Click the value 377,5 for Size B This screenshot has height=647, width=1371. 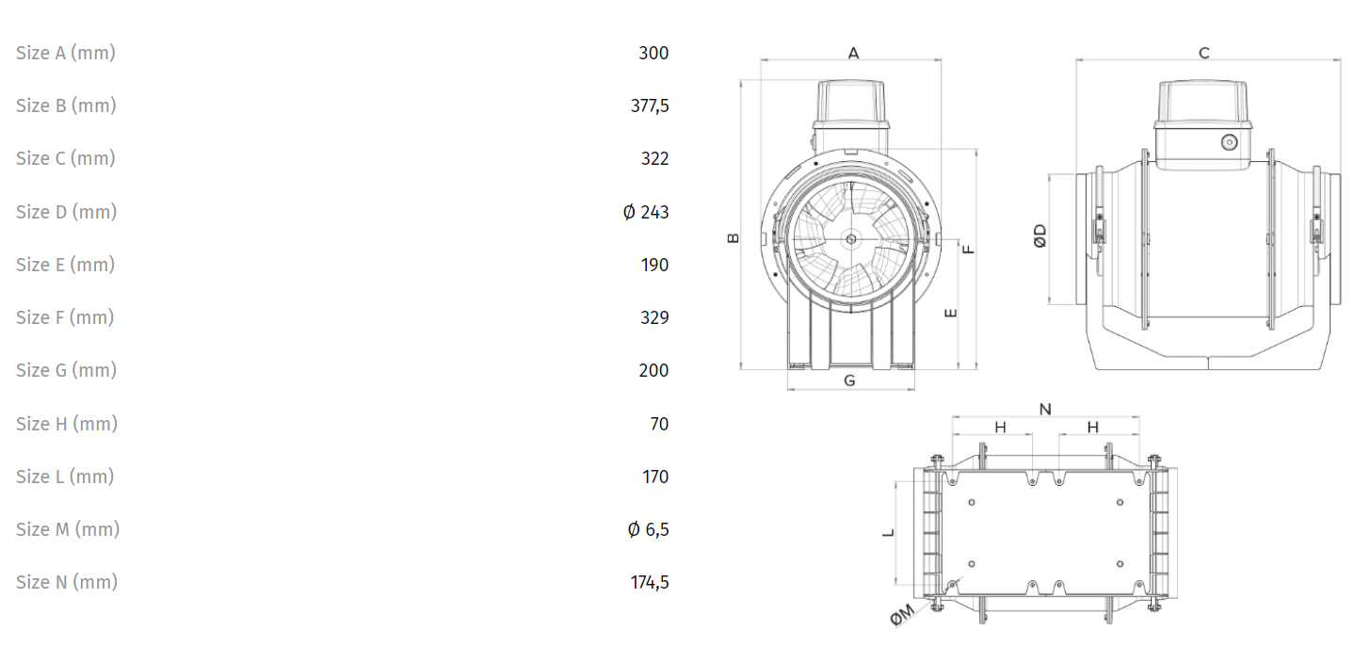pos(650,105)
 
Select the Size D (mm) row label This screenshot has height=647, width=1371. pos(66,212)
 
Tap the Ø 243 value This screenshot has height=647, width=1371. pos(646,212)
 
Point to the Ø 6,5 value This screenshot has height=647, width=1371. pos(648,529)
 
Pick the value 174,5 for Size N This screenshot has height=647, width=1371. pos(650,582)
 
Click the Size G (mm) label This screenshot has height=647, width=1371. pos(66,370)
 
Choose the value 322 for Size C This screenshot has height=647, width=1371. pos(654,158)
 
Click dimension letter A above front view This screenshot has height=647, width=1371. pos(853,54)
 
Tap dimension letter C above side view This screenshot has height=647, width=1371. pos(1204,54)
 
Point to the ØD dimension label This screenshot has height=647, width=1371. pos(1040,235)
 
